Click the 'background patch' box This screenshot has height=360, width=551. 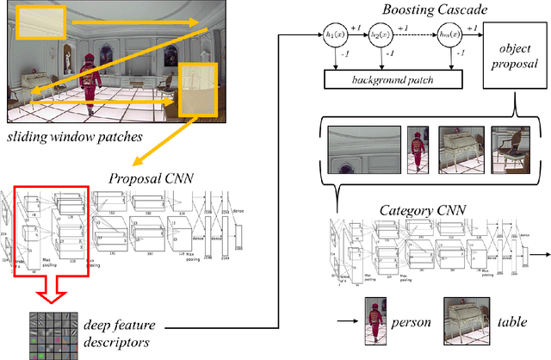pyautogui.click(x=392, y=78)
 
